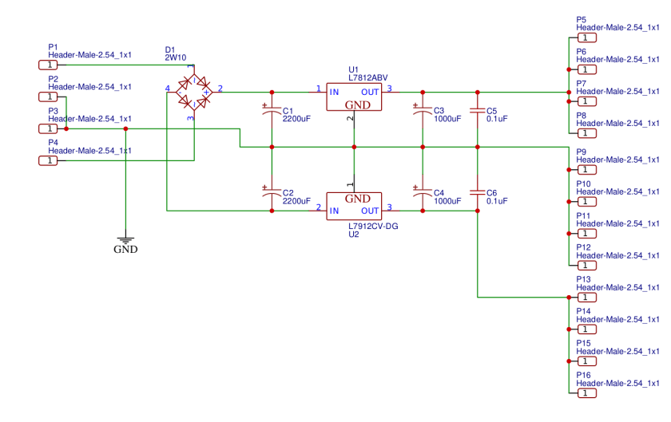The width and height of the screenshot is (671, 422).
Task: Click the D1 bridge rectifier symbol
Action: pyautogui.click(x=192, y=92)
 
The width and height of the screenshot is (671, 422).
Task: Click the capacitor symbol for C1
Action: pyautogui.click(x=272, y=114)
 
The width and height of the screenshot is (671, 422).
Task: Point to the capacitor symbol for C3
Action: pyautogui.click(x=423, y=114)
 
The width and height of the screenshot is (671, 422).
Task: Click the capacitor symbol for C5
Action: pyautogui.click(x=477, y=113)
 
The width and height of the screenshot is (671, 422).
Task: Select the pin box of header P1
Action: pyautogui.click(x=48, y=65)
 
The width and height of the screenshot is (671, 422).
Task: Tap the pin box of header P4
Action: pyautogui.click(x=48, y=160)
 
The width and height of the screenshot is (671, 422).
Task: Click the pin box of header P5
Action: pyautogui.click(x=586, y=37)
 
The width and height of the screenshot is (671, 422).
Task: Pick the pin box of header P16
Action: pyautogui.click(x=586, y=393)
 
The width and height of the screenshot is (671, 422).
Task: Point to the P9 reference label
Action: pyautogui.click(x=581, y=152)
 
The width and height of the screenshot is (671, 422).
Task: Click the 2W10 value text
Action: pyautogui.click(x=175, y=58)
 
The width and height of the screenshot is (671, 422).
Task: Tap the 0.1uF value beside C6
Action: pyautogui.click(x=497, y=202)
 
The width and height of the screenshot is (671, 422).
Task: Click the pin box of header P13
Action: pyautogui.click(x=586, y=298)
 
